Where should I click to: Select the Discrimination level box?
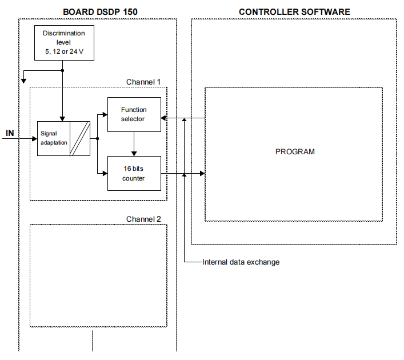63,43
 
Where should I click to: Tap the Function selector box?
134,114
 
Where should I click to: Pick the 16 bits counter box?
134,173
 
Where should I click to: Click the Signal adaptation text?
54,138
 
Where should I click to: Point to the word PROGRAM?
295,152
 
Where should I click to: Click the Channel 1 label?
143,82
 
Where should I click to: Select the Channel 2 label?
143,219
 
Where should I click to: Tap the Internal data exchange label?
241,262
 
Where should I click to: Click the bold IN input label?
10,134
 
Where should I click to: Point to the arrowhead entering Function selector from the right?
164,118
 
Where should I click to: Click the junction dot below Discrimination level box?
62,71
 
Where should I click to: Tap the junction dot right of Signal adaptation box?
98,138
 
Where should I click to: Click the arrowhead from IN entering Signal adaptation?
34,138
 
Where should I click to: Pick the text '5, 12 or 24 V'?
63,51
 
